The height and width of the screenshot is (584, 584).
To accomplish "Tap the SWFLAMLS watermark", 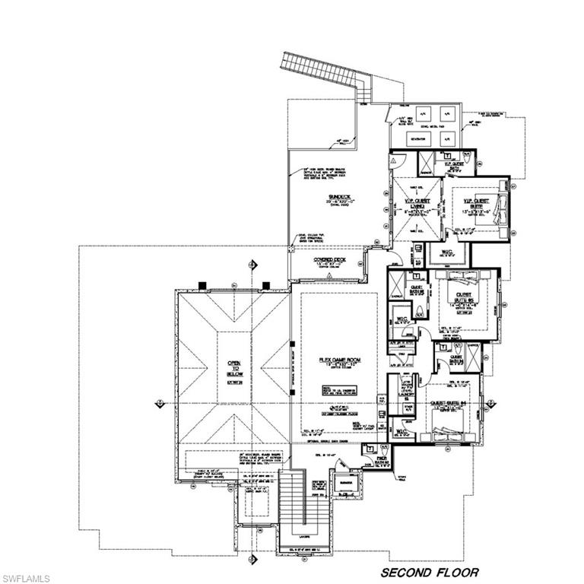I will pos(28,572).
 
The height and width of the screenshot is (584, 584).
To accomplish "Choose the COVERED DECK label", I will pos(325,259).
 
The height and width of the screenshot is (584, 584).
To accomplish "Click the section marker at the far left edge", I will pos(157,401).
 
